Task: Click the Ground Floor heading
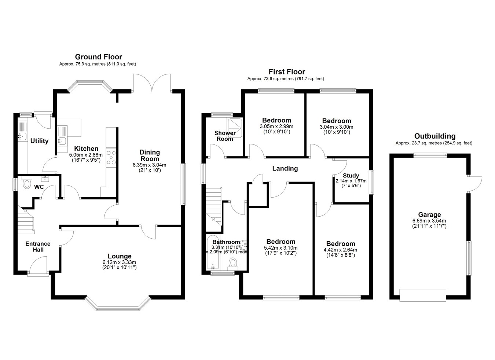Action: click(x=99, y=57)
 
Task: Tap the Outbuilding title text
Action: click(x=435, y=136)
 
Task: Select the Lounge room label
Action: click(x=120, y=256)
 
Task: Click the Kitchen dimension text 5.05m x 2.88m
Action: click(x=86, y=155)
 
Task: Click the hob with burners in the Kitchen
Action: click(x=111, y=158)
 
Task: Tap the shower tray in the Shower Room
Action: click(x=235, y=128)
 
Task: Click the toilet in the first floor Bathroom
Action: click(x=233, y=264)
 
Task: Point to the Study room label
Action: click(x=351, y=176)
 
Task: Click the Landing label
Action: click(x=285, y=169)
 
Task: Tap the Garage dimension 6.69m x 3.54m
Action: click(x=429, y=221)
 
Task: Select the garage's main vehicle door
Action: click(x=423, y=295)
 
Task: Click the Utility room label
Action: click(x=39, y=141)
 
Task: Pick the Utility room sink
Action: click(x=22, y=136)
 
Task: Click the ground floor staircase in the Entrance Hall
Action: click(x=26, y=220)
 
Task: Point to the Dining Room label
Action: click(x=150, y=155)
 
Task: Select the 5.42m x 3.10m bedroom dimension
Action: click(x=280, y=248)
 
